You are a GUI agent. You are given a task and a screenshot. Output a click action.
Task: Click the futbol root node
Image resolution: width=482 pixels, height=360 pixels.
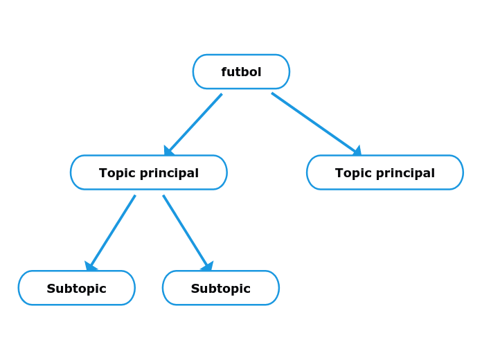click(x=241, y=72)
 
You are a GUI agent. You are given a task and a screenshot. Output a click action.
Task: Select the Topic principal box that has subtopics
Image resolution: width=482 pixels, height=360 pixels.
click(x=148, y=172)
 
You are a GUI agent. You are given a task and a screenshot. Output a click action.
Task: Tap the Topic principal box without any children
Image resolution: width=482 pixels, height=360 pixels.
click(x=384, y=172)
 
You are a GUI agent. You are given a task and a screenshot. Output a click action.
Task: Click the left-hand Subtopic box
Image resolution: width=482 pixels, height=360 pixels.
click(x=76, y=288)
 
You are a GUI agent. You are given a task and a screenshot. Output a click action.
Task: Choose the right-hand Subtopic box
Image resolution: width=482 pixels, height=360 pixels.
click(x=220, y=288)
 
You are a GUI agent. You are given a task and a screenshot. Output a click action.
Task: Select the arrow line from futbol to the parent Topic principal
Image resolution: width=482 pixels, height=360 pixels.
click(x=195, y=123)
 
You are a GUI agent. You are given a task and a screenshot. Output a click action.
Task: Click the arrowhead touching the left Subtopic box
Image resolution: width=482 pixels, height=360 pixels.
click(x=90, y=267)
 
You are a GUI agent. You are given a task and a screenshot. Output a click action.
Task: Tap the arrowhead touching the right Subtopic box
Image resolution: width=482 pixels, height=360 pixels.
click(x=208, y=267)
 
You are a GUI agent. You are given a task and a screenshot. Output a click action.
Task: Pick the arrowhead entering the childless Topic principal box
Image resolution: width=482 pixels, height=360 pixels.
click(x=357, y=151)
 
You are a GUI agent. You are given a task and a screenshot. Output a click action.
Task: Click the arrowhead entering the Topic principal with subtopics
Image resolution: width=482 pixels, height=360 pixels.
click(x=168, y=150)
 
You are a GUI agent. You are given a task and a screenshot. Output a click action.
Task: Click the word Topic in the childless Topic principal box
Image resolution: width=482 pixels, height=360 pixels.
click(x=350, y=173)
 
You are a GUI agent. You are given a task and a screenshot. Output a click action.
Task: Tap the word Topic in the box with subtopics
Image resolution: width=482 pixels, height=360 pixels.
click(x=114, y=173)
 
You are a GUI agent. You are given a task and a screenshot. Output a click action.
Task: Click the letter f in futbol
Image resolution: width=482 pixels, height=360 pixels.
click(x=224, y=72)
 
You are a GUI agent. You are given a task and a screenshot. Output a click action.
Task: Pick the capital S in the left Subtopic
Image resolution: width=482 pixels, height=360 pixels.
click(x=51, y=289)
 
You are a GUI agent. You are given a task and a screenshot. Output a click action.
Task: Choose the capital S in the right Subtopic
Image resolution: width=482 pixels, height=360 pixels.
click(x=195, y=289)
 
